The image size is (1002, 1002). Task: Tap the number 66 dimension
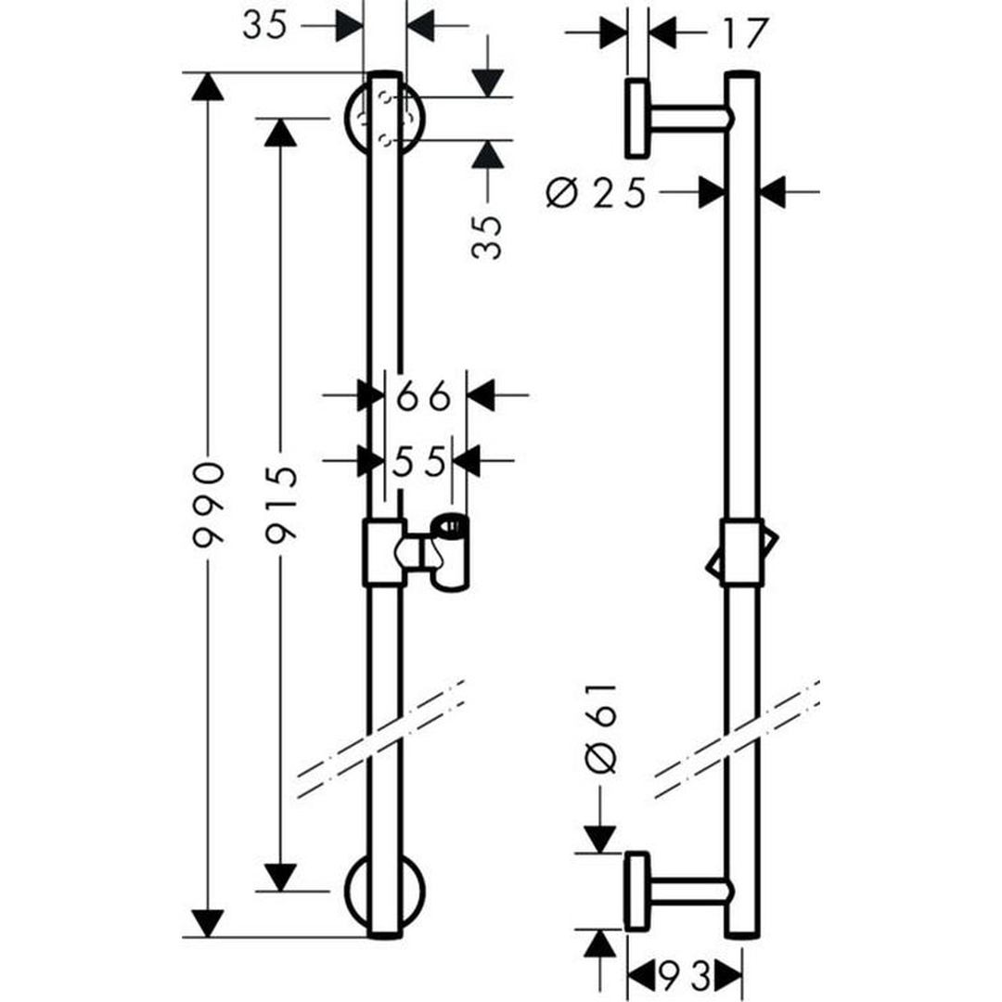tap(424, 397)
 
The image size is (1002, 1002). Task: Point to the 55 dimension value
tap(418, 461)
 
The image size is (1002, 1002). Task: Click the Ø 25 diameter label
tap(596, 193)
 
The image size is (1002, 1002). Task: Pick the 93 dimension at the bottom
tap(685, 975)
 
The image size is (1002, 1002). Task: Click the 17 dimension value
tap(745, 34)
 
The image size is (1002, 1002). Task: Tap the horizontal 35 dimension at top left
tap(265, 26)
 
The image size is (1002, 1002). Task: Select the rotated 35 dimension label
tap(487, 238)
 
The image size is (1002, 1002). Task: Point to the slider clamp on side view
tap(742, 553)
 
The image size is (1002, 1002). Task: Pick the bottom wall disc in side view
tap(637, 892)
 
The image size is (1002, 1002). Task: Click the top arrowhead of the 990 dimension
tap(208, 86)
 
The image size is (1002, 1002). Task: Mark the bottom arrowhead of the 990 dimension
tap(208, 922)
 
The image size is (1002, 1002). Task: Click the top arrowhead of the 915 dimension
tap(280, 133)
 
